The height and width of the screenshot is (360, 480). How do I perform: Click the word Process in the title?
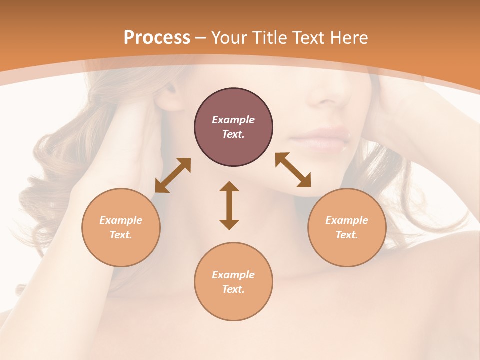(157, 38)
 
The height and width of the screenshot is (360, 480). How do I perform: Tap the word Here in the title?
(348, 38)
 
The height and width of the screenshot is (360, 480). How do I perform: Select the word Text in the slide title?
(308, 38)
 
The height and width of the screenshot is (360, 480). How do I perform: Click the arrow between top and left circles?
(173, 175)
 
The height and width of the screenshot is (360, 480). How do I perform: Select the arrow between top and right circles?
(293, 170)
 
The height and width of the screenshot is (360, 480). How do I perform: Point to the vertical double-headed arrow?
(229, 205)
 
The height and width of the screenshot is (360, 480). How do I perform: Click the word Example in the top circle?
(233, 120)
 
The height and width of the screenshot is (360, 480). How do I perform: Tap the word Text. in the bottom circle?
(233, 289)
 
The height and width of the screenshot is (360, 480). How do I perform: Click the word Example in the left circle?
(121, 220)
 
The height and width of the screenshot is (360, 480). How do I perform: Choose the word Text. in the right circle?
(347, 235)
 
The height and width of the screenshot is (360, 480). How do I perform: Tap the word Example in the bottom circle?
(233, 275)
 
